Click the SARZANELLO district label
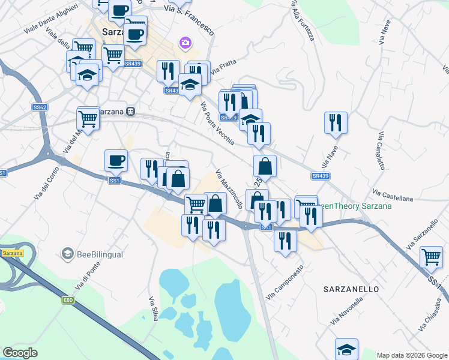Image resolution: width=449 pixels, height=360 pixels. (x=351, y=289)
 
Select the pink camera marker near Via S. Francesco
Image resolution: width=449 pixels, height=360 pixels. (x=185, y=43)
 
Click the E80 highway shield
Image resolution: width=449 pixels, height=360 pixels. (x=67, y=300)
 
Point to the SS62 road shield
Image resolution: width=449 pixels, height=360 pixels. (x=40, y=107)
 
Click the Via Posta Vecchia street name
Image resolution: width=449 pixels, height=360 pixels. (x=217, y=123)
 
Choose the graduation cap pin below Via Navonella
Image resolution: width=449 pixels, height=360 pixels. (x=347, y=349)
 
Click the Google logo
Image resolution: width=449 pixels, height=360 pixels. (x=20, y=353)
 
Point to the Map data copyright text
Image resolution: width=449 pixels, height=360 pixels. (x=412, y=355)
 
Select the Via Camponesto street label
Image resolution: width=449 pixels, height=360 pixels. (x=285, y=283)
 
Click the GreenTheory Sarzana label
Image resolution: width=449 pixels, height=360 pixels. (x=354, y=206)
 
